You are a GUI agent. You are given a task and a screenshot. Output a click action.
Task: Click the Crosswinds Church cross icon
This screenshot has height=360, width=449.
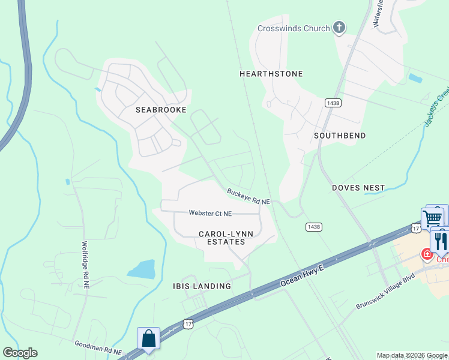point(339,28)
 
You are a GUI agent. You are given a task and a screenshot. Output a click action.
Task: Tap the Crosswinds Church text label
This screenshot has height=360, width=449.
point(294,28)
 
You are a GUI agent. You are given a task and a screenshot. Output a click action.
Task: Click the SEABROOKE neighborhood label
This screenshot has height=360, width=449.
point(161,110)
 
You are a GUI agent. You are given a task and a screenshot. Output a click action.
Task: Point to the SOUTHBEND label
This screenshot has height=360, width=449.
point(340,136)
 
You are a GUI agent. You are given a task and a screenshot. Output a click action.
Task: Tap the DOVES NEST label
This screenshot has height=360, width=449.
point(358,188)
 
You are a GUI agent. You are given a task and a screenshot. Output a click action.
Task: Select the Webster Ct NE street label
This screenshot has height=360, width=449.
point(209,212)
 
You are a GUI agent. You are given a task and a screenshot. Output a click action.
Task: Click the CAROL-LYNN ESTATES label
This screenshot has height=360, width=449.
point(222,238)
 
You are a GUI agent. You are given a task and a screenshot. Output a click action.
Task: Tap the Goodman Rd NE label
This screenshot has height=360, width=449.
point(98,347)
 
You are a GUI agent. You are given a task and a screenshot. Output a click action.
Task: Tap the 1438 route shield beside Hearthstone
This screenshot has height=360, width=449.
point(333,103)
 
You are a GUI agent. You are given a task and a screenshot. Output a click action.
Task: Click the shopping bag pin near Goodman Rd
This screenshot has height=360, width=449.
point(148,339)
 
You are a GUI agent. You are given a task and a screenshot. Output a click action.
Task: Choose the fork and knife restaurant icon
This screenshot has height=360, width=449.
point(439,241)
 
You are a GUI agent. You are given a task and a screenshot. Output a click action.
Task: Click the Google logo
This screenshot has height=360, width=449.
point(20,353)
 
